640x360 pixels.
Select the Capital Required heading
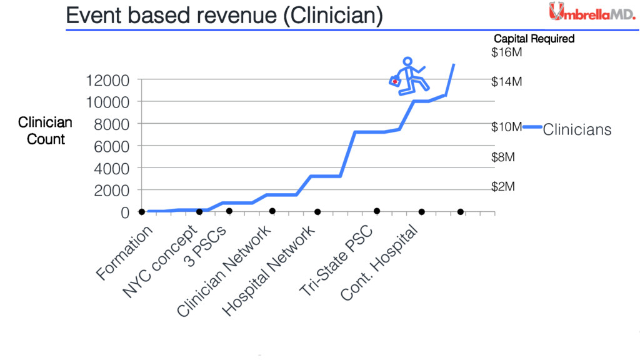click(x=534, y=39)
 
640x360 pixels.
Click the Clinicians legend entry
click(x=576, y=130)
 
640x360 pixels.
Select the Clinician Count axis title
click(x=45, y=131)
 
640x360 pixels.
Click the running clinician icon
click(x=411, y=77)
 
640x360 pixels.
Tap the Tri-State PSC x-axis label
click(x=336, y=261)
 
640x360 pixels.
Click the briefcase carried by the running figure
click(x=394, y=82)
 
